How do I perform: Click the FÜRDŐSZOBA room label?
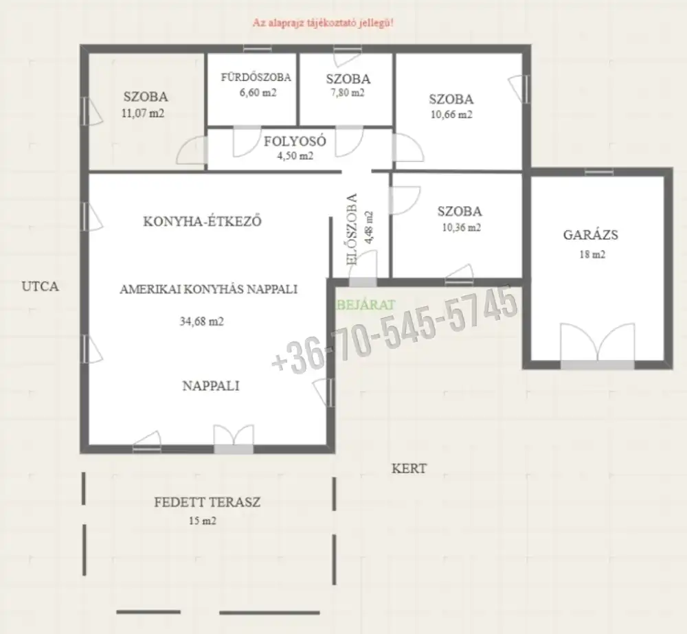pos(256,77)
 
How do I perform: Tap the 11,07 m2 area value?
pos(143,113)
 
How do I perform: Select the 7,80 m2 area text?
pos(348,93)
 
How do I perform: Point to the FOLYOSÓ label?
pos(295,141)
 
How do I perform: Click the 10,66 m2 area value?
pos(451,115)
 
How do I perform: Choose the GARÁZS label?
pos(591,235)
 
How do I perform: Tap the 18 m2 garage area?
pos(592,255)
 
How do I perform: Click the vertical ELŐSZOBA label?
pos(352,229)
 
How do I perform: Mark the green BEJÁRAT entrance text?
pos(366,305)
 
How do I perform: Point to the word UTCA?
pos(40,286)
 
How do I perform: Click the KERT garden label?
pos(409,468)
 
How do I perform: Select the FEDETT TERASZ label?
pos(207,502)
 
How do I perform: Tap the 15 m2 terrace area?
pos(203,521)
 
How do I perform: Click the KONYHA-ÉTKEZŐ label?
pos(203,221)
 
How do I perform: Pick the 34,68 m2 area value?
pos(201,321)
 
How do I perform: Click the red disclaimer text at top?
pos(323,23)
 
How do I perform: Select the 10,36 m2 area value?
pos(461,228)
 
